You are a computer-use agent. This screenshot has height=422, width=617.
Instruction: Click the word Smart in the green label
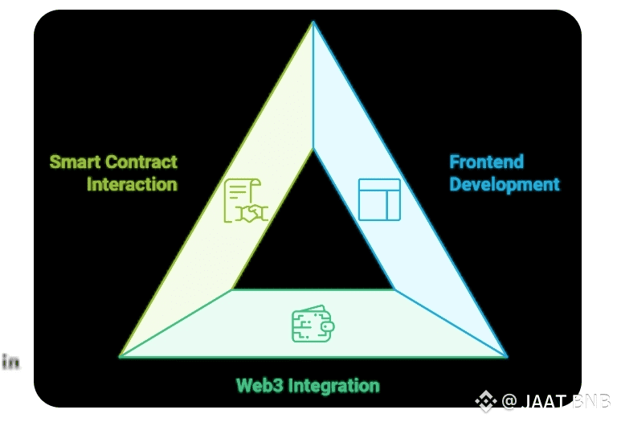(70, 162)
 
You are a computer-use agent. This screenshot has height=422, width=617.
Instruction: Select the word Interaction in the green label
(132, 184)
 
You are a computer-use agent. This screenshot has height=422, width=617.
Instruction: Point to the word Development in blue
(504, 184)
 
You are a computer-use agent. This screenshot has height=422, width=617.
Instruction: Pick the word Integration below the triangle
(333, 386)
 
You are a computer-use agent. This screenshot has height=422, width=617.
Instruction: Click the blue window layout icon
(379, 199)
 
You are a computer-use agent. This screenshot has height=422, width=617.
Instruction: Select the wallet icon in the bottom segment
(313, 324)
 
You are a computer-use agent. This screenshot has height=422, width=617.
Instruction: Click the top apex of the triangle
(313, 22)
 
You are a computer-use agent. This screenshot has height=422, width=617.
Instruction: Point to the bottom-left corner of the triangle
(121, 356)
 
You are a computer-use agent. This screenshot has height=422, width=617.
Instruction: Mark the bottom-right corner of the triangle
(507, 356)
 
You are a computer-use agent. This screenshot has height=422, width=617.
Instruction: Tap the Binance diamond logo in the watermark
(484, 400)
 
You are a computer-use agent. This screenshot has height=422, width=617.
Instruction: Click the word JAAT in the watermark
(543, 400)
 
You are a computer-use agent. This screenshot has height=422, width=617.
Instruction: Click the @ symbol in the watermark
(509, 400)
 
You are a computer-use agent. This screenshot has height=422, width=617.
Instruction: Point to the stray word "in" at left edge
(10, 362)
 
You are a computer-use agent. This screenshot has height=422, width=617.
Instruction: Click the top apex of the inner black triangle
(313, 150)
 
